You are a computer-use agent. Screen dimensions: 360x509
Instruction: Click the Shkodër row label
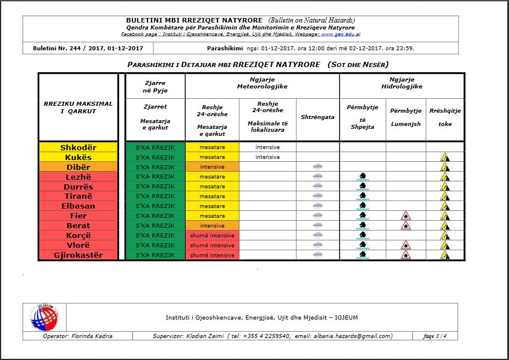point(78,147)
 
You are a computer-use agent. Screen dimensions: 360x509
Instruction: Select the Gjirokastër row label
point(78,255)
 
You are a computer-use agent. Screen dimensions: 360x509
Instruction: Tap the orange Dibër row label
point(78,167)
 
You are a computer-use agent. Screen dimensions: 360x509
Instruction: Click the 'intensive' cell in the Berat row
point(212,226)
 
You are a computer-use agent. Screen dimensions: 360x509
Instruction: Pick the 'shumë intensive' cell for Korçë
point(212,236)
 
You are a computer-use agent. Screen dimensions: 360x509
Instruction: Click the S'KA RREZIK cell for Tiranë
point(154,196)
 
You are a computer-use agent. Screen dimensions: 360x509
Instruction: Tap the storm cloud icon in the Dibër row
point(318,167)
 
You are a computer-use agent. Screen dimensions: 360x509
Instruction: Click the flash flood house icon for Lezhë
point(362,177)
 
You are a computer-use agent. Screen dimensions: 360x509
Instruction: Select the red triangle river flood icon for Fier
point(405,216)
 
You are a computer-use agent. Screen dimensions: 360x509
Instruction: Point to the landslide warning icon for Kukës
point(444,157)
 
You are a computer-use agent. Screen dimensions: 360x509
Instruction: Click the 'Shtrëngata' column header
point(318,117)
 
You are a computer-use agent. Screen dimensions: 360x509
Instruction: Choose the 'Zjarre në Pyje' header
point(154,87)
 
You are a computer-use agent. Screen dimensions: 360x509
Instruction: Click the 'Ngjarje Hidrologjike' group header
point(401,82)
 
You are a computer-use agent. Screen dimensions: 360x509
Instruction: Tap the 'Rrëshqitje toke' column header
point(445,117)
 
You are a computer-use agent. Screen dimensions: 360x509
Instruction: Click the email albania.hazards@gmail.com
point(351,336)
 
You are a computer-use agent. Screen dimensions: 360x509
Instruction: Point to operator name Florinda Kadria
point(79,336)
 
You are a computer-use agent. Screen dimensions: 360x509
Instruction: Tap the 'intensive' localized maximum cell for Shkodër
point(267,147)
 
